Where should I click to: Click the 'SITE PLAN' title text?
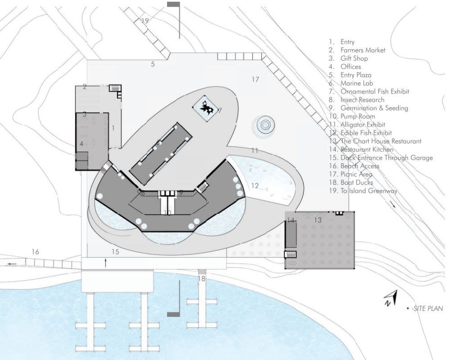tap(426, 309)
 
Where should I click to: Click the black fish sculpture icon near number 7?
tap(208, 108)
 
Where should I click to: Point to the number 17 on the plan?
tap(256, 80)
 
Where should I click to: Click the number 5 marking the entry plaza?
tap(153, 64)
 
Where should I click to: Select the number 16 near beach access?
tap(36, 252)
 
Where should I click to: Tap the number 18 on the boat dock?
tap(201, 279)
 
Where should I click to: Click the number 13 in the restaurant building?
tap(318, 220)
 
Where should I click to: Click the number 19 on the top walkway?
tap(145, 21)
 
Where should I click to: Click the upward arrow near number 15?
tap(105, 263)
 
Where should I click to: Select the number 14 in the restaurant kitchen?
tap(290, 220)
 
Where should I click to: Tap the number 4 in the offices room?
tap(81, 144)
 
